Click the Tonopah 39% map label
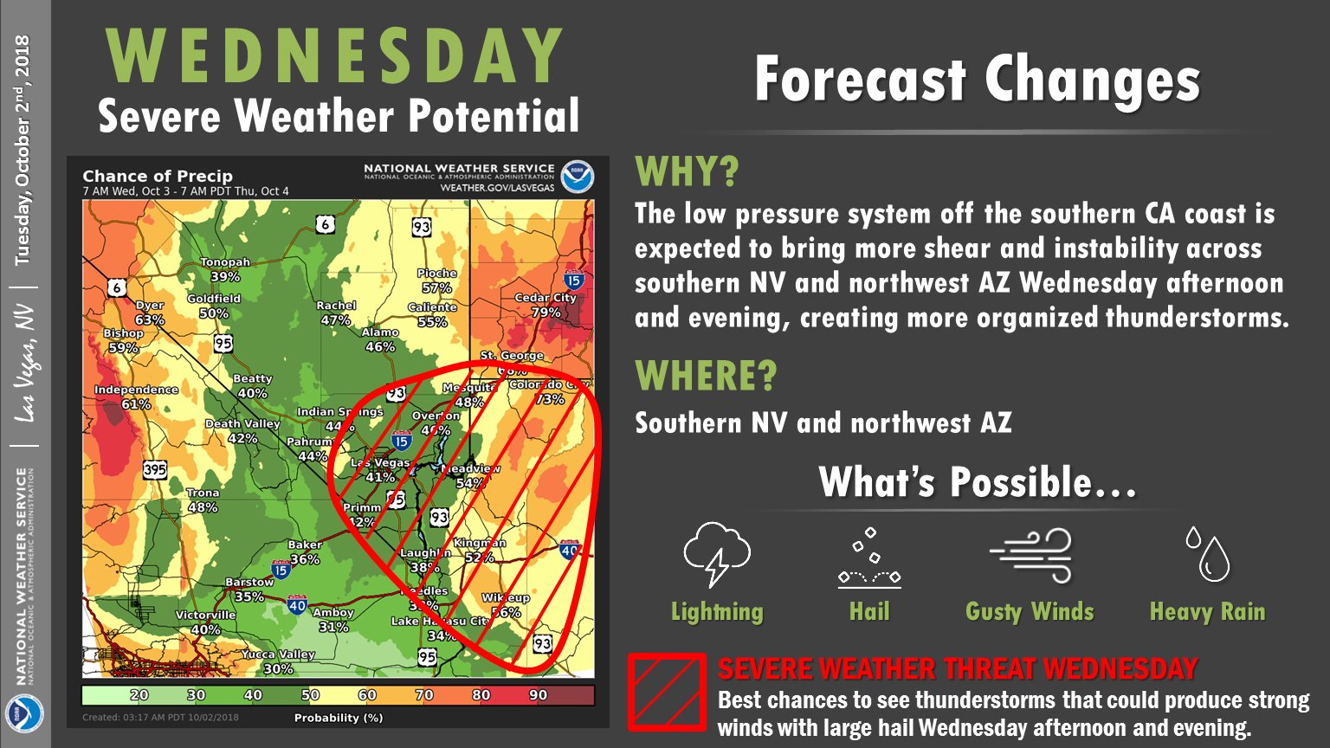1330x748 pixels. point(225,269)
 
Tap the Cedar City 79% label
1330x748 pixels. point(546,305)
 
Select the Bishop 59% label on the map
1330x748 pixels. point(123,340)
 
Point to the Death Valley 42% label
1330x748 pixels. point(242,431)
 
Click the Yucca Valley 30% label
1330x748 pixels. point(278,661)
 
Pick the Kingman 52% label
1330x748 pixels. point(480,550)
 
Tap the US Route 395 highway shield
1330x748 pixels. point(154,470)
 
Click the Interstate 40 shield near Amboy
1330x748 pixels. point(297,604)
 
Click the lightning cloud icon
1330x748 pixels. point(716,554)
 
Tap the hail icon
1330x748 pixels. point(869,558)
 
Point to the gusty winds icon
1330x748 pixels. point(1030,556)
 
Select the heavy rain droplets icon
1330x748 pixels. point(1207,554)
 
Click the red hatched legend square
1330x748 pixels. point(666,691)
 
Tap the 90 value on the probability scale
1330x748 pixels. point(538,694)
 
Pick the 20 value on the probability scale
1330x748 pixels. point(139,694)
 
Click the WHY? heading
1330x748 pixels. point(688,172)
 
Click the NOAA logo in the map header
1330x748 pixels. point(577,177)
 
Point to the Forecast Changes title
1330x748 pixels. point(977,80)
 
